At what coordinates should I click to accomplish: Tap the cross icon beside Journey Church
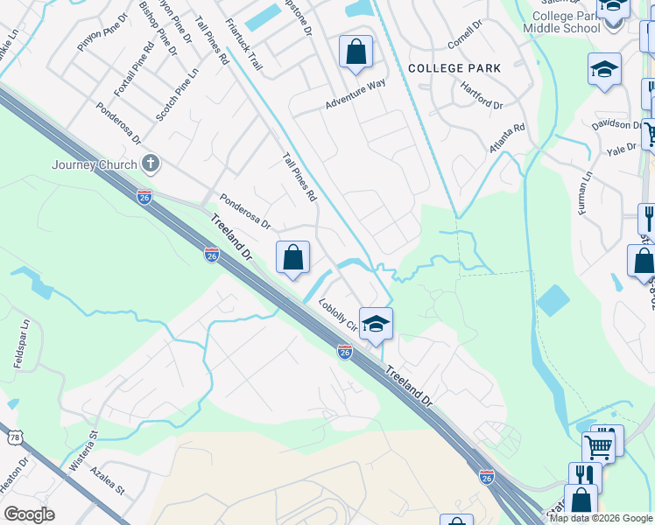pos(151,163)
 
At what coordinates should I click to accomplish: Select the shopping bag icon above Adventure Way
pos(356,52)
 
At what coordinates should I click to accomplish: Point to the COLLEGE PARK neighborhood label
pos(454,68)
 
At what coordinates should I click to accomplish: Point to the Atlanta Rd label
pos(508,139)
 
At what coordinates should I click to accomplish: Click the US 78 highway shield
pos(17,437)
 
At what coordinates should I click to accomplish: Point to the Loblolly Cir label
pos(339,317)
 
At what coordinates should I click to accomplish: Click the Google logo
pos(29,514)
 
